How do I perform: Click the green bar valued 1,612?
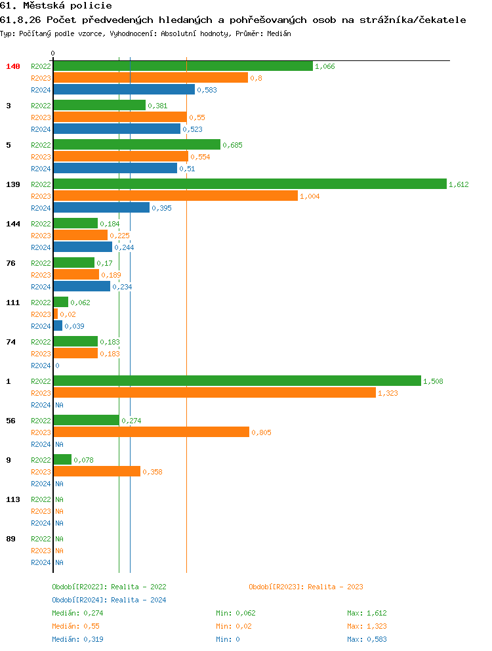point(249,184)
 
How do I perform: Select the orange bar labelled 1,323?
point(215,393)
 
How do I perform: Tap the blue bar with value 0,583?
point(124,90)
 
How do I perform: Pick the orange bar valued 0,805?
point(151,432)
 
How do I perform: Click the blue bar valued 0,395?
point(102,208)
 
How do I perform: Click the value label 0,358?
point(152,472)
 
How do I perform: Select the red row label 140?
point(13,66)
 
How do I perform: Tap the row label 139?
point(13,184)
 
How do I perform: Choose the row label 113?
point(13,499)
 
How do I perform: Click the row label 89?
point(11,539)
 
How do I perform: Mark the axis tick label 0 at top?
point(53,53)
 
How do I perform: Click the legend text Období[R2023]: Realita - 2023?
point(306,587)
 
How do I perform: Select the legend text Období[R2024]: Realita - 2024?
point(109,600)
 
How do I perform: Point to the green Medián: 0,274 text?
point(77,613)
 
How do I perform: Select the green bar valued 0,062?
point(60,303)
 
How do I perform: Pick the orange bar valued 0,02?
point(56,314)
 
